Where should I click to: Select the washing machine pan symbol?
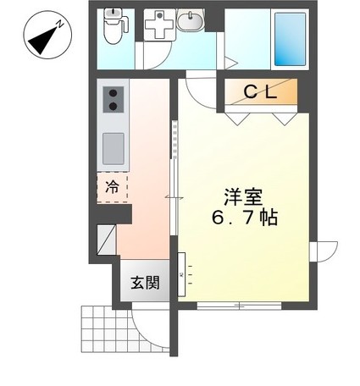point(157,25)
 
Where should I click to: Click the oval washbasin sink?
point(192,22)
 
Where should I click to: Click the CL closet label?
point(261,92)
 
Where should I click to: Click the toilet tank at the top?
point(112,15)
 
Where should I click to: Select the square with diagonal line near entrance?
point(106,240)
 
